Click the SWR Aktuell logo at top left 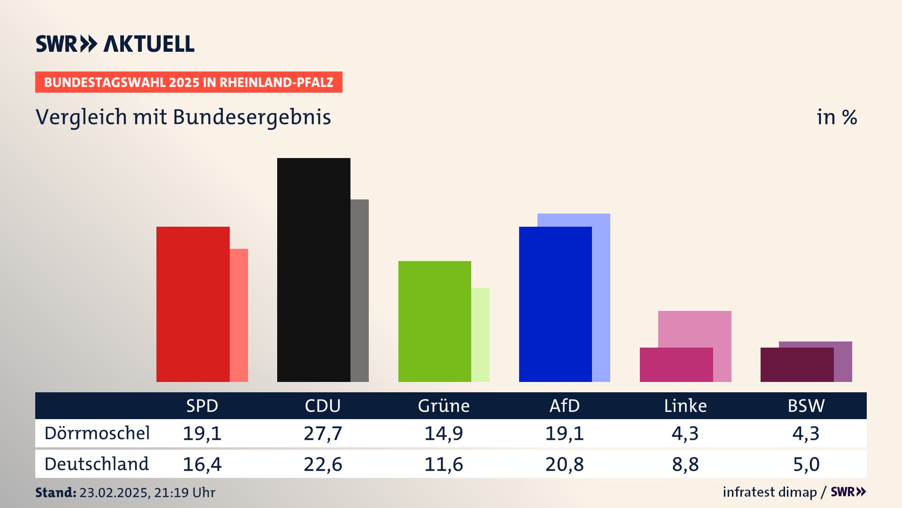coord(115,44)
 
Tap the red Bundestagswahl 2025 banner coord(188,82)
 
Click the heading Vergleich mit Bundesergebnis coord(183,117)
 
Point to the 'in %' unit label coord(836,117)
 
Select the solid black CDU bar coord(313,270)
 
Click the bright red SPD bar coord(193,304)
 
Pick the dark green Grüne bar coord(435,321)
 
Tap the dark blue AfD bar coord(555,304)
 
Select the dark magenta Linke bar coord(676,365)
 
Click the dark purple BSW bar coord(797,365)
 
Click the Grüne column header coord(443,405)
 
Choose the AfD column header coord(565,405)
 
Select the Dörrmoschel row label coord(97,433)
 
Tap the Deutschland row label coord(97,464)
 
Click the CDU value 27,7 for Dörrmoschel coord(323,433)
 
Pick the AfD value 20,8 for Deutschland coord(565,464)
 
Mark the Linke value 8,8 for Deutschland coord(685,464)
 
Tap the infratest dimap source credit coord(770,492)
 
